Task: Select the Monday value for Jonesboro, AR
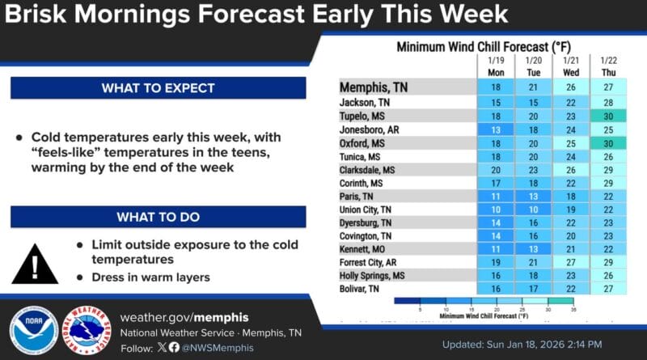click(x=496, y=129)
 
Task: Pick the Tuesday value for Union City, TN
click(x=533, y=210)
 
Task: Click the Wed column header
click(x=570, y=72)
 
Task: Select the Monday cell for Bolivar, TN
click(x=496, y=289)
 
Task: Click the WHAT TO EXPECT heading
click(x=159, y=87)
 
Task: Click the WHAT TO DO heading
click(x=159, y=217)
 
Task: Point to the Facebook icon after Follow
click(x=175, y=348)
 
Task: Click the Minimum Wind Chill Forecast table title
click(x=486, y=46)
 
